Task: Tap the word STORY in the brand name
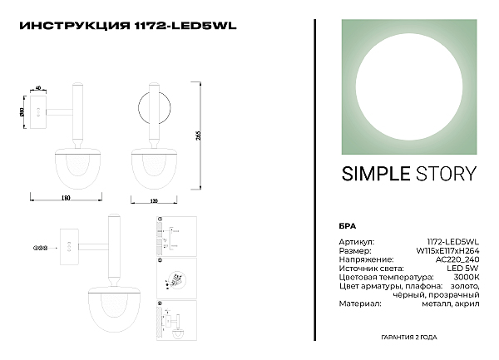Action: click(x=446, y=174)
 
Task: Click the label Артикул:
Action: click(x=356, y=241)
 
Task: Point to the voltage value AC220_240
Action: click(x=459, y=259)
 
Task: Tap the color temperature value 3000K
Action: click(x=466, y=277)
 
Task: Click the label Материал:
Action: click(x=358, y=304)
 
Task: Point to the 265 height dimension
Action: click(x=199, y=136)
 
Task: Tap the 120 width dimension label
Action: click(x=153, y=200)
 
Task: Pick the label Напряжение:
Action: click(x=363, y=259)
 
